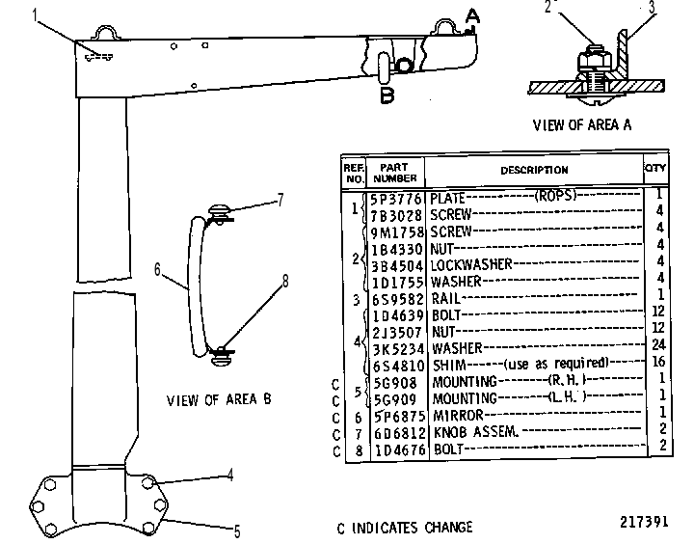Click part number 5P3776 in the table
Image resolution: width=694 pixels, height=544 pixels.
point(396,199)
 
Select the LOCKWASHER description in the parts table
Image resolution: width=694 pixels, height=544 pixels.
point(471,264)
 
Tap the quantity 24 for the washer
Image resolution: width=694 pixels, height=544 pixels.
point(658,344)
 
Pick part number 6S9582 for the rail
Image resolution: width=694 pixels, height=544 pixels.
point(397,299)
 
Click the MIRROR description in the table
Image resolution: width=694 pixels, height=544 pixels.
point(458,415)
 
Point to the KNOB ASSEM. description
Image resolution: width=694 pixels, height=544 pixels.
point(475,431)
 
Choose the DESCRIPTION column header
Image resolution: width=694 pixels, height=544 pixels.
point(534,170)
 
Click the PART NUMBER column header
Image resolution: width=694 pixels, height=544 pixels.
point(395,173)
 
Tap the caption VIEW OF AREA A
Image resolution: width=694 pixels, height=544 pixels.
point(582,125)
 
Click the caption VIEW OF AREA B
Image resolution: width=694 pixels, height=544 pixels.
point(219,399)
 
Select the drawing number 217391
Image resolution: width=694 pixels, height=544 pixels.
point(644,522)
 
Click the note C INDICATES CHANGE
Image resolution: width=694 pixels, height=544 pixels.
point(405,528)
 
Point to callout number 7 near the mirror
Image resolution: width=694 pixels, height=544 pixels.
point(280,200)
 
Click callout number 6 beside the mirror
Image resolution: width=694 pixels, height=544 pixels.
point(157,269)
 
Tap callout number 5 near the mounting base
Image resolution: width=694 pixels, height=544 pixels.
point(237,531)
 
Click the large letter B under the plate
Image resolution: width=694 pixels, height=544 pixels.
point(387,95)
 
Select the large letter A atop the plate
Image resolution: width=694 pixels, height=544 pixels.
point(472,16)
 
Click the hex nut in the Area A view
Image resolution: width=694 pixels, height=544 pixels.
point(595,61)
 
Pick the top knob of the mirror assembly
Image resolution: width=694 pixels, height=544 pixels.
point(219,210)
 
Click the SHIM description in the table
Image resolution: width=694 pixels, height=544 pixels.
point(449,365)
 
